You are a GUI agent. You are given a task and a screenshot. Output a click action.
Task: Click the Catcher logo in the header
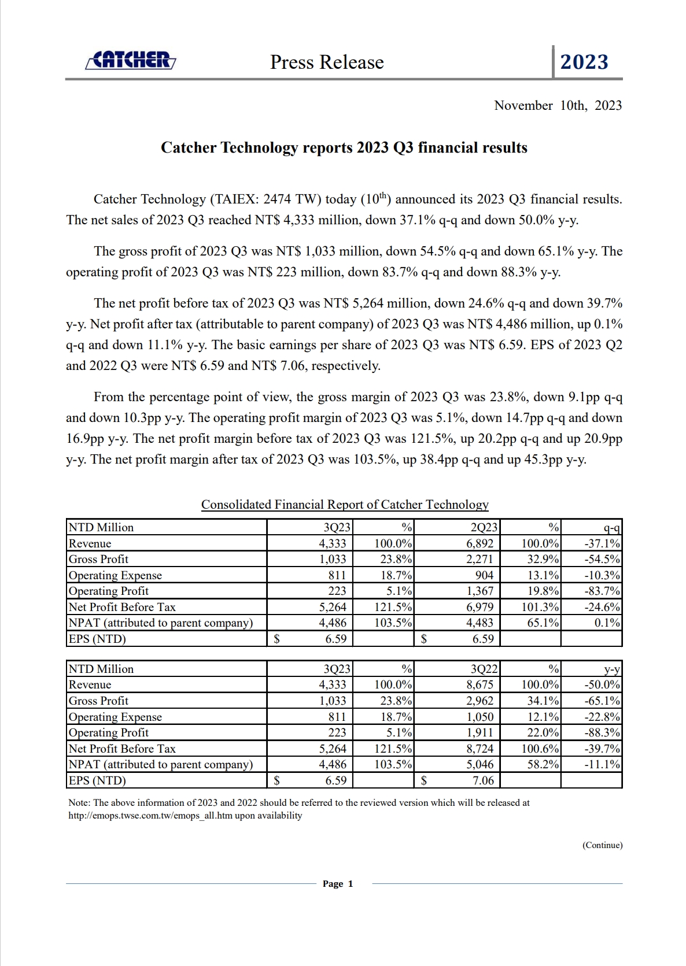[x=131, y=60]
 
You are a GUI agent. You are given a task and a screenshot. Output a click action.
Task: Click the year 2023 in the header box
[x=584, y=62]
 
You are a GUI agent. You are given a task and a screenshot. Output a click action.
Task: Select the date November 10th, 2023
[x=558, y=105]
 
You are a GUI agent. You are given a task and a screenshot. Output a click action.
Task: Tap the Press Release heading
[x=327, y=62]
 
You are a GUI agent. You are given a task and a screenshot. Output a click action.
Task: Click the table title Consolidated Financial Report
[x=345, y=504]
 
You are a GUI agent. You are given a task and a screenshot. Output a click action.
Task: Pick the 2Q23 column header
[x=484, y=527]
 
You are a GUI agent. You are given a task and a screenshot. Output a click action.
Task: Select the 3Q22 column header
[x=484, y=669]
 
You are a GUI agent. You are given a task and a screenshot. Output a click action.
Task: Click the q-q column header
[x=611, y=527]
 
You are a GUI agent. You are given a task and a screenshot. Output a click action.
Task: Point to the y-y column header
[x=611, y=669]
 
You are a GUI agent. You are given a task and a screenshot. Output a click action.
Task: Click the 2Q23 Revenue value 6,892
[x=480, y=543]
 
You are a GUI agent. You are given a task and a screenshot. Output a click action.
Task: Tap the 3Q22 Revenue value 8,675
[x=480, y=684]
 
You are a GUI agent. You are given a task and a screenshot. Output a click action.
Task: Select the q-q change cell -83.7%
[x=602, y=591]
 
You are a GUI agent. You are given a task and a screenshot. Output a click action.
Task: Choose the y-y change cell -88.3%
[x=602, y=732]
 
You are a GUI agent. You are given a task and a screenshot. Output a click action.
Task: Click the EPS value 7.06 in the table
[x=483, y=780]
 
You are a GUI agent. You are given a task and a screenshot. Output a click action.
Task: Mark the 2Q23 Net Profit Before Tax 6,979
[x=480, y=607]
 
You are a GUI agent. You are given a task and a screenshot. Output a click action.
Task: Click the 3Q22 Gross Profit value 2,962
[x=480, y=701]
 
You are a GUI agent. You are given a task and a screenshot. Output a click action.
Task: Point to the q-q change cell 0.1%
[x=607, y=623]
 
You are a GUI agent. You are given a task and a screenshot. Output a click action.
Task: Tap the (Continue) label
[x=602, y=845]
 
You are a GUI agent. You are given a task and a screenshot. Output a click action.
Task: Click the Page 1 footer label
[x=338, y=883]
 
